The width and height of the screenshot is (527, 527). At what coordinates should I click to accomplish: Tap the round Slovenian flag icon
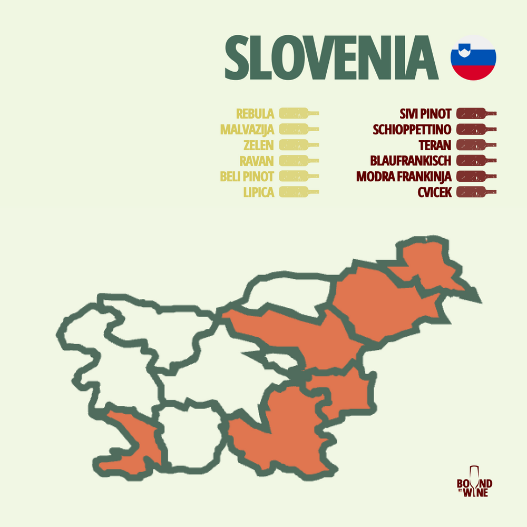point(473,57)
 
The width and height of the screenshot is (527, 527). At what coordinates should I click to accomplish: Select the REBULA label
point(255,113)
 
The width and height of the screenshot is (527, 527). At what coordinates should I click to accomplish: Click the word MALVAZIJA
point(247,129)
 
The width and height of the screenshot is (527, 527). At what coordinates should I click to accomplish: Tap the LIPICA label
point(258,192)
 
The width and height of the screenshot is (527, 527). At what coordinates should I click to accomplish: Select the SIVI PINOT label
point(426,113)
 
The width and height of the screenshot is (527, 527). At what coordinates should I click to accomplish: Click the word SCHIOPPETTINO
point(412,129)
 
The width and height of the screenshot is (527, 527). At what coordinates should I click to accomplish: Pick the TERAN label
point(434,145)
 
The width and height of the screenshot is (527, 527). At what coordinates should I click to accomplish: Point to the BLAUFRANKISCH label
point(411,161)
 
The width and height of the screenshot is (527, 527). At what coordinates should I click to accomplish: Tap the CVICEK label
point(434,192)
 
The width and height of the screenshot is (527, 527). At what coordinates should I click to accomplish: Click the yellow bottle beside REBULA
point(298,113)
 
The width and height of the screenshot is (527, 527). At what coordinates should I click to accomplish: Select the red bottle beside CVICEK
point(476,192)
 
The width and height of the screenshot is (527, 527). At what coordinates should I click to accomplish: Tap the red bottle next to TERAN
point(476,145)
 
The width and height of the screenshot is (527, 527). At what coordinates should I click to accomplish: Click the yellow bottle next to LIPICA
point(298,192)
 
